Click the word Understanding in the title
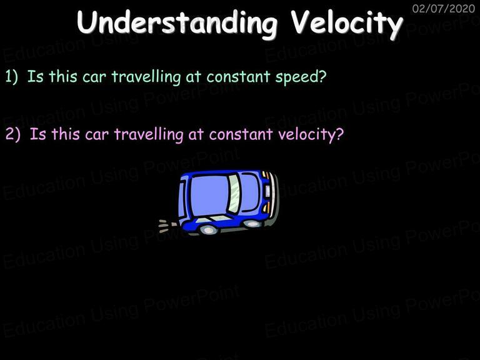(177, 24)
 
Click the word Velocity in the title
(346, 24)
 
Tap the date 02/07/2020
(443, 8)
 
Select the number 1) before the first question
(12, 76)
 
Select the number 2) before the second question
(13, 134)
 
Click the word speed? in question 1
(301, 77)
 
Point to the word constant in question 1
(238, 76)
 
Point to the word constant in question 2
(241, 134)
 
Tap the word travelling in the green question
(146, 77)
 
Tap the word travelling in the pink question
(149, 135)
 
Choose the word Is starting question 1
(35, 76)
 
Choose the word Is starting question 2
(37, 134)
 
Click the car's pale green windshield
(234, 194)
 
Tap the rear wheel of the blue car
(208, 229)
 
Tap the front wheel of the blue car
(252, 224)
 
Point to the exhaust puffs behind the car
(167, 225)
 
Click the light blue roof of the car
(210, 194)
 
